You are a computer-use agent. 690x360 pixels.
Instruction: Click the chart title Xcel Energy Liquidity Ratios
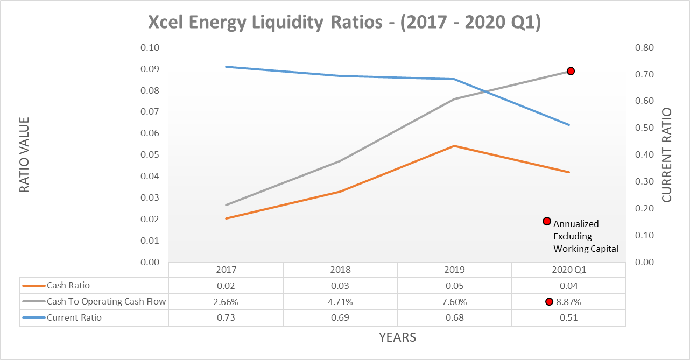pos(344,23)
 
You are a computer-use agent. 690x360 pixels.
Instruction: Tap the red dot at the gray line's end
pos(571,71)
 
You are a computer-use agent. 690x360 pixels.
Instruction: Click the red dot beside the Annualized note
pos(546,221)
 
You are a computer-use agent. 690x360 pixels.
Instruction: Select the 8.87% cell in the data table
pos(569,302)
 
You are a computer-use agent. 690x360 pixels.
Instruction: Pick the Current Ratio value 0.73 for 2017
pos(226,317)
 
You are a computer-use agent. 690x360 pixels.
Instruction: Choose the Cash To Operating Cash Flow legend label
pos(106,302)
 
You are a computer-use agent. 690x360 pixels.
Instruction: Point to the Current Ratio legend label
pos(74,317)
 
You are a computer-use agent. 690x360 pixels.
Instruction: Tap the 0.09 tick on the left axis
pos(150,69)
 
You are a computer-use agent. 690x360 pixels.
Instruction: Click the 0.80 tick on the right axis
pos(644,47)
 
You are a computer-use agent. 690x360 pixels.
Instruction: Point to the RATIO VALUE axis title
pos(25,155)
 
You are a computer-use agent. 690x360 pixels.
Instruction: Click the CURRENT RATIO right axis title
pos(667,155)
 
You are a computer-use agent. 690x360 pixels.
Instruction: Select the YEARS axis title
pos(397,337)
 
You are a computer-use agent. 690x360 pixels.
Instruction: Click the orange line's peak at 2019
pos(454,146)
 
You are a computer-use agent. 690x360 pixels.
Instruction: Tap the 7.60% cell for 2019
pos(454,302)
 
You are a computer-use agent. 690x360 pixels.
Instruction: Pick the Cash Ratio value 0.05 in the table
pos(454,286)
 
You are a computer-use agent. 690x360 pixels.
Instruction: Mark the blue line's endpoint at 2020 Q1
pos(569,125)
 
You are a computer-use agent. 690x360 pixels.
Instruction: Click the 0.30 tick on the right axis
pos(644,181)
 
